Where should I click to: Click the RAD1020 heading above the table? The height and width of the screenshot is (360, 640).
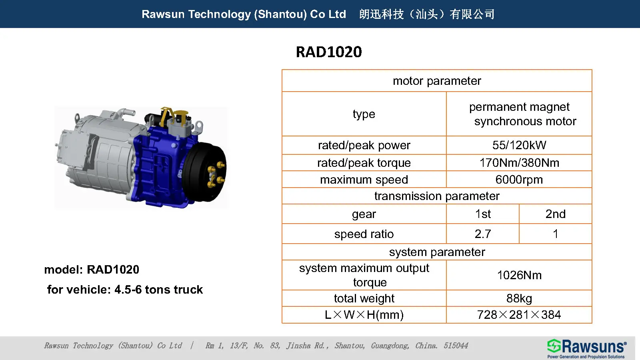click(x=329, y=52)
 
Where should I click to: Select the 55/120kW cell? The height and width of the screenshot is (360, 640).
click(x=519, y=145)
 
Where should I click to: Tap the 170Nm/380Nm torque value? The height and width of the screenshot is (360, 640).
click(x=519, y=163)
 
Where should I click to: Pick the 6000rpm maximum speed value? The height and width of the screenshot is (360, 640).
click(x=519, y=180)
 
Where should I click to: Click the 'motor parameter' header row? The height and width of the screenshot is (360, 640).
click(x=437, y=81)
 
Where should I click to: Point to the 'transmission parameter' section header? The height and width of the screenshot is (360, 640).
click(x=437, y=196)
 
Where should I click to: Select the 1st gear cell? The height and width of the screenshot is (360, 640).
click(x=483, y=214)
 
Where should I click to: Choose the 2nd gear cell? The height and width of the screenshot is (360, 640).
click(x=555, y=214)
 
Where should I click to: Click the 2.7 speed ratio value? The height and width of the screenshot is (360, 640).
click(x=483, y=234)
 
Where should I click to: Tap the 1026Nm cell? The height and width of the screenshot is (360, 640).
click(x=519, y=275)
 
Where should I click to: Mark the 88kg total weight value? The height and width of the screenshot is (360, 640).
click(x=519, y=298)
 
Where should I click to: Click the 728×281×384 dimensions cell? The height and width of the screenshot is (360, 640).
click(x=519, y=315)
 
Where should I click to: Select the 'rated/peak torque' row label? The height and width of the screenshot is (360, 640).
click(x=364, y=163)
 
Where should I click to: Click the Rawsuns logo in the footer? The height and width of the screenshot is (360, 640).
click(x=586, y=348)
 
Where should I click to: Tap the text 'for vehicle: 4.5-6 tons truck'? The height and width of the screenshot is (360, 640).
click(x=125, y=290)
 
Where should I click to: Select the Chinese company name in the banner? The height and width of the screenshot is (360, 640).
click(x=427, y=14)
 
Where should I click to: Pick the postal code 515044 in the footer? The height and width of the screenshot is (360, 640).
click(x=456, y=346)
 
